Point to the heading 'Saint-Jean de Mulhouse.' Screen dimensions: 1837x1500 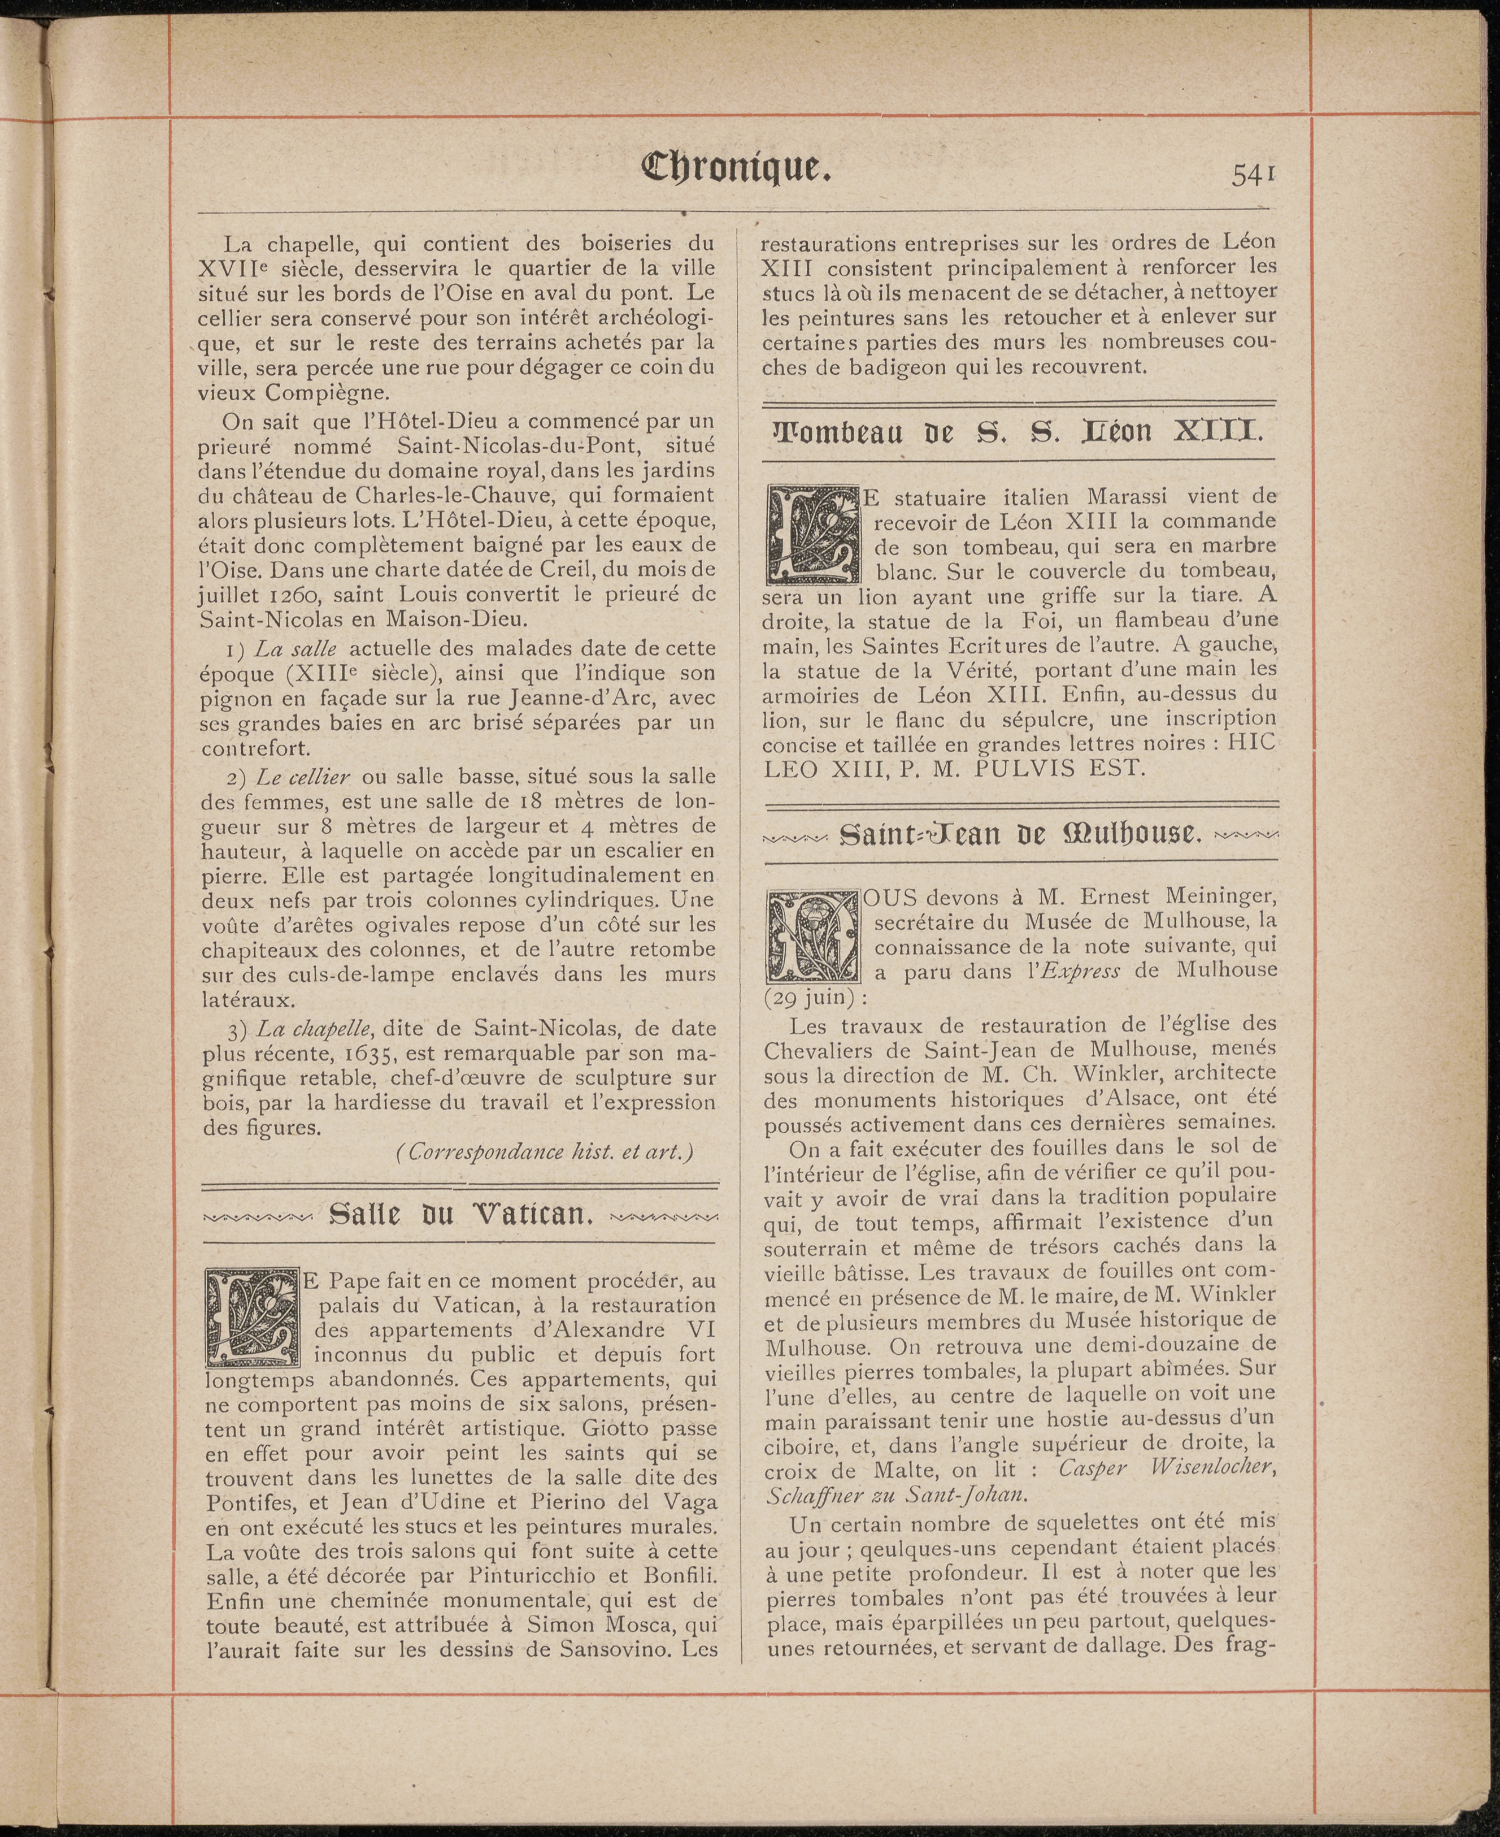tap(1020, 834)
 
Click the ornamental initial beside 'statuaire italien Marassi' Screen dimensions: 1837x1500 tap(812, 534)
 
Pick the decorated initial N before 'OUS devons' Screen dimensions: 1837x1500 tap(812, 936)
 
